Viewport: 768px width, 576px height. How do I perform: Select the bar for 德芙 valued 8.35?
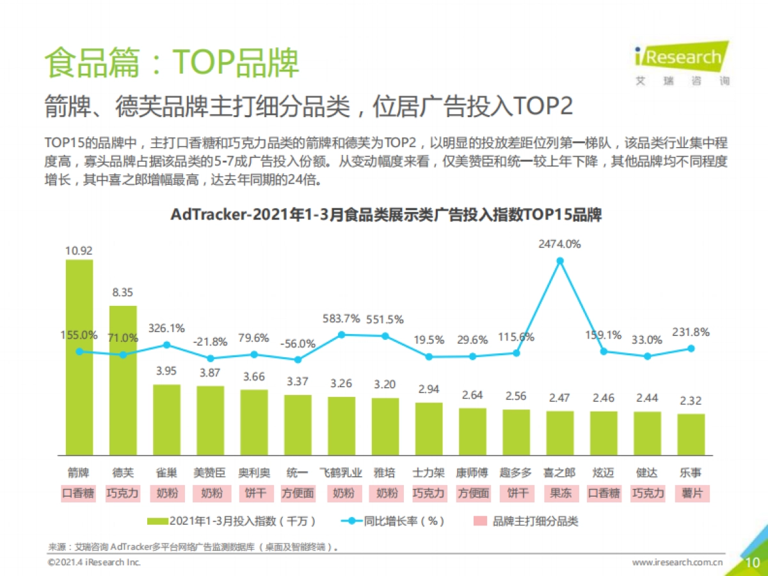point(123,397)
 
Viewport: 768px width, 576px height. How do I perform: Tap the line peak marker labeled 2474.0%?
point(560,260)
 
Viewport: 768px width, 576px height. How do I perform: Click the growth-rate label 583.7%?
point(340,319)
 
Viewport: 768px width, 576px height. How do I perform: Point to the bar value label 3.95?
point(166,371)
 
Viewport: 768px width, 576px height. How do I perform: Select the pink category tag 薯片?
point(691,493)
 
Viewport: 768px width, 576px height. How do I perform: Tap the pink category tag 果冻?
point(560,493)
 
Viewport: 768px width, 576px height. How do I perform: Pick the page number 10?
point(753,562)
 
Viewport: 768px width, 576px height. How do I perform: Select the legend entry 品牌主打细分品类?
point(535,522)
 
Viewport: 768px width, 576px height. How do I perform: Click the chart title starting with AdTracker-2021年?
point(386,214)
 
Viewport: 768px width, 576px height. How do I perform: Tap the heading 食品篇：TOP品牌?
point(172,62)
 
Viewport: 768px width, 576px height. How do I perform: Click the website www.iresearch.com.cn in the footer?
point(678,563)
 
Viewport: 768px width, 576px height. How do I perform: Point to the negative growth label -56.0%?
point(298,344)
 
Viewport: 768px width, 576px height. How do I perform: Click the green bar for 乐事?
point(691,434)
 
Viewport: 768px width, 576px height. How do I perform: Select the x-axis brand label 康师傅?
point(472,473)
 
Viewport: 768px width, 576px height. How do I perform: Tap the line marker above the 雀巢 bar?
point(166,344)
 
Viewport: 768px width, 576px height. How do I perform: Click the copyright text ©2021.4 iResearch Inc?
point(93,563)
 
